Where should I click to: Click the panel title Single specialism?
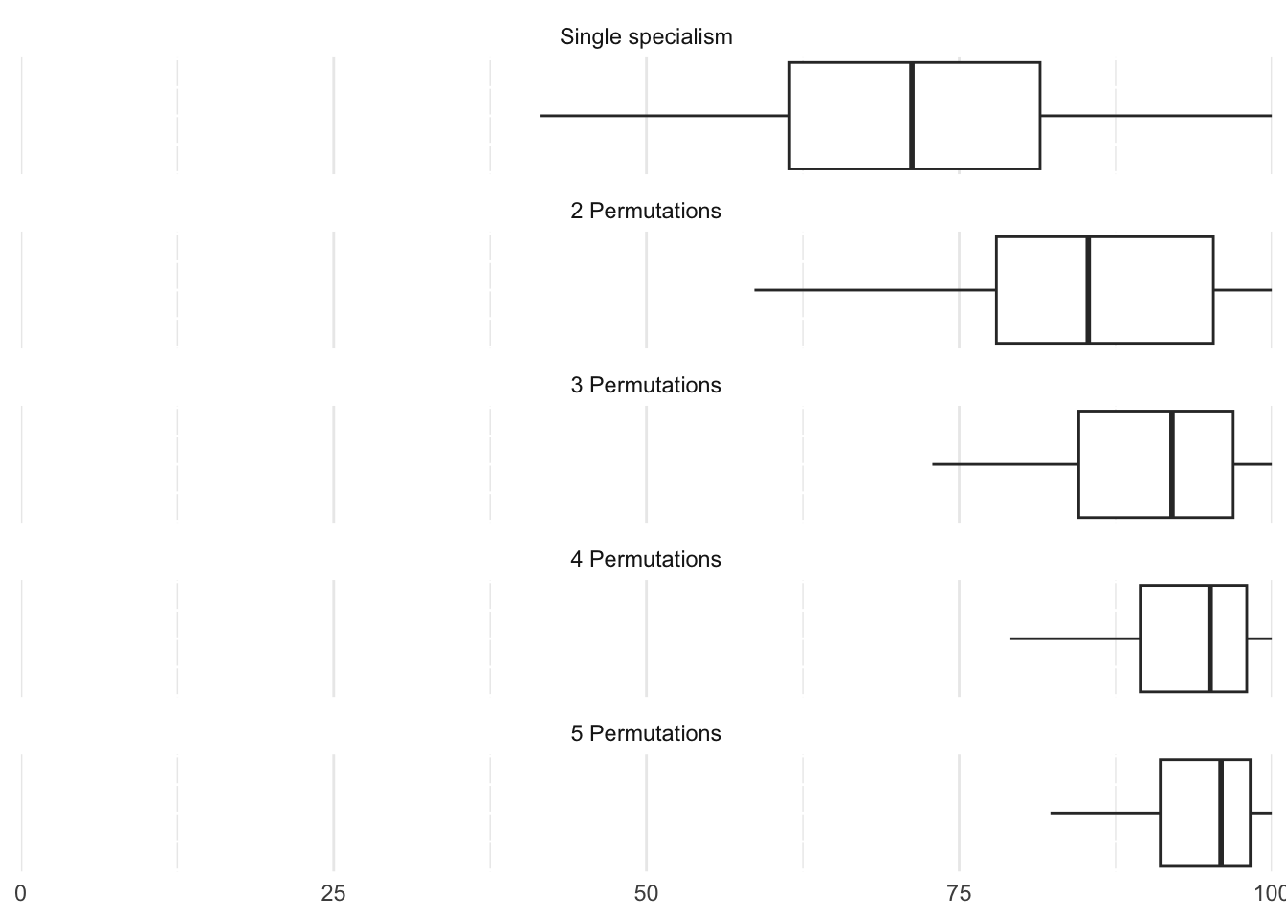click(646, 37)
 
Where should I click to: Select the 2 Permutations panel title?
click(646, 212)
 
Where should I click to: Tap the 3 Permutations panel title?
click(646, 386)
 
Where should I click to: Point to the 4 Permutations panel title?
click(646, 560)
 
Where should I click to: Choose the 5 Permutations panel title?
click(646, 734)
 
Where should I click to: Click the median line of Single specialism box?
click(912, 116)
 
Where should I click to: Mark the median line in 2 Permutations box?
click(1088, 290)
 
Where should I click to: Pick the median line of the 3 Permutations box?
click(1172, 464)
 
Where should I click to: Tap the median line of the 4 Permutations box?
click(1210, 639)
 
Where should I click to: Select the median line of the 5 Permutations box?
click(1221, 813)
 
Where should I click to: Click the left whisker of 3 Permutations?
click(1005, 464)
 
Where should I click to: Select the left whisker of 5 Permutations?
click(1105, 813)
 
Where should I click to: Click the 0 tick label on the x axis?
click(21, 894)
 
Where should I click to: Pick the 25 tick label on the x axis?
click(333, 894)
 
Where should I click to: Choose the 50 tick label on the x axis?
click(646, 894)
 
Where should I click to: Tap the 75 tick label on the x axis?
click(959, 894)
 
